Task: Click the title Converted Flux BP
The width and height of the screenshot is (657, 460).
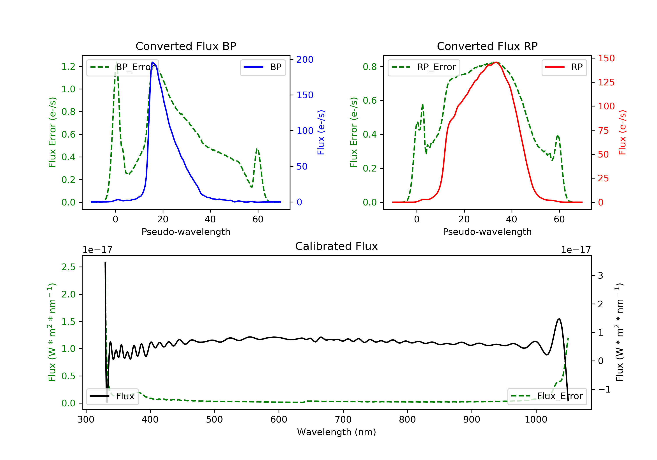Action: point(186,46)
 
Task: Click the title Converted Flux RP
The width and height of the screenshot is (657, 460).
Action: point(487,46)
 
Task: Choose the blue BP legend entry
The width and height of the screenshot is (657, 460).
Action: point(263,67)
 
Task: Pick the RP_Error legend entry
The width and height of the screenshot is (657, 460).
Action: point(424,67)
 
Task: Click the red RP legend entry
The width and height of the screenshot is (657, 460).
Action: point(564,67)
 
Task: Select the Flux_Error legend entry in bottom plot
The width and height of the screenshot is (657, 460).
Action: point(547,396)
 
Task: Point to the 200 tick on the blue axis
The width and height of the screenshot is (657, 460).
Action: point(305,60)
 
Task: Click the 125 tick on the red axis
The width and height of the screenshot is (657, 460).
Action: point(606,82)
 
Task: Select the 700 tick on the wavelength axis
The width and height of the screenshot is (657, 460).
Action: point(343,420)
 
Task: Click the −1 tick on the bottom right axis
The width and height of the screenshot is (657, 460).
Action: point(604,389)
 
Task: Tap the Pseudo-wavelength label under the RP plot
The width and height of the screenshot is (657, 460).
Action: point(487,232)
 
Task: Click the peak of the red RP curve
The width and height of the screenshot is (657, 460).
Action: point(496,62)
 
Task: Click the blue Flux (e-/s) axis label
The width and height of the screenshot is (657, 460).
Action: point(321,133)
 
